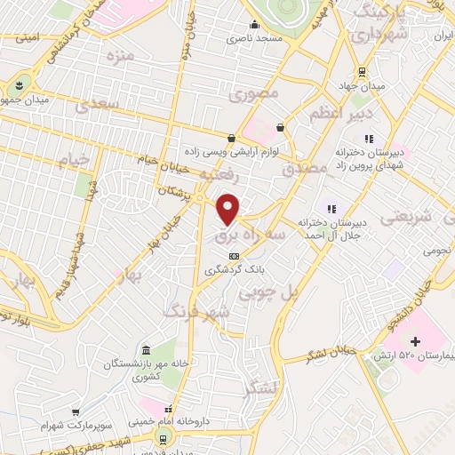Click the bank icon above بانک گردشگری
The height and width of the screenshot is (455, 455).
[x=234, y=255]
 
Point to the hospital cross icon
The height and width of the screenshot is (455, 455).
[x=415, y=341]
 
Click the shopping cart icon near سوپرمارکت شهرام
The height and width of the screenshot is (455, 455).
[x=77, y=412]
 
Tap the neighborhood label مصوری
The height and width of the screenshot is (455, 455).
[x=255, y=92]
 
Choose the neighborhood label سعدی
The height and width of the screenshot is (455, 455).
[x=97, y=105]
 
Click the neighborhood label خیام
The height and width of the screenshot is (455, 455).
[x=75, y=160]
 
